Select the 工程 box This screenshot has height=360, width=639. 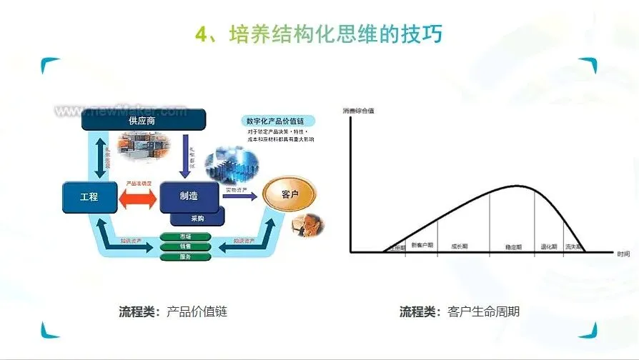coord(89,196)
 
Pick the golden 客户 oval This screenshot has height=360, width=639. coord(289,195)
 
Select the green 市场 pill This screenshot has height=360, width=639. coord(185,236)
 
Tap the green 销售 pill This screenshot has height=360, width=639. coord(185,246)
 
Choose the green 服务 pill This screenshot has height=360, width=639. coord(185,256)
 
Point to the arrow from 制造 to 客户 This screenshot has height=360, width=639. coord(242,196)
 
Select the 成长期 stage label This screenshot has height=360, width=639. coord(460,246)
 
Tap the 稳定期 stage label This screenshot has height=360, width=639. coord(512,246)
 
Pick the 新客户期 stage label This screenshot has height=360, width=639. coord(422,245)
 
